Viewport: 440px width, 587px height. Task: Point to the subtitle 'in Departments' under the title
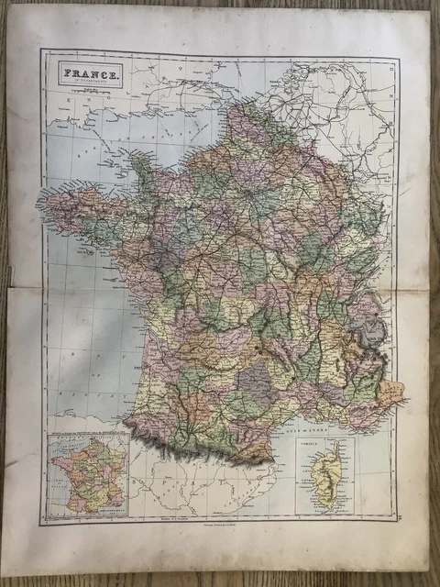pyautogui.click(x=90, y=83)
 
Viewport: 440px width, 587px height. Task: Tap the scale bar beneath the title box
pyautogui.click(x=90, y=92)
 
